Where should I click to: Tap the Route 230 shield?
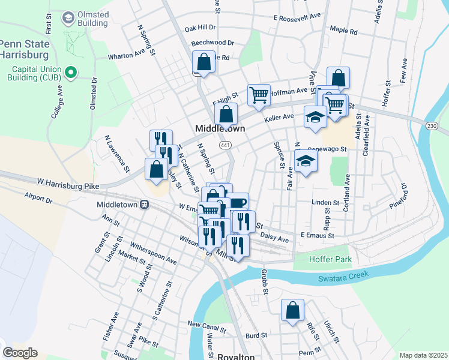(432, 126)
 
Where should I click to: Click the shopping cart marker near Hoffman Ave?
(259, 95)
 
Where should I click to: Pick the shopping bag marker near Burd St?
(292, 311)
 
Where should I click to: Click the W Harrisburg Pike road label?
(68, 181)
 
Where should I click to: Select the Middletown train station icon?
(144, 205)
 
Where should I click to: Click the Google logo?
(20, 352)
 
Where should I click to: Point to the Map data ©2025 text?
(423, 355)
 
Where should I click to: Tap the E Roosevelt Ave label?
(297, 18)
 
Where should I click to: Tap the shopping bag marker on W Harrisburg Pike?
(156, 169)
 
